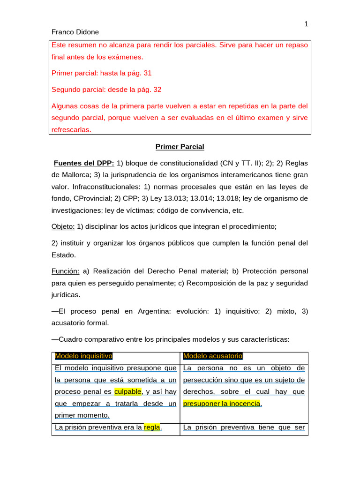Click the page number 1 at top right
pyautogui.click(x=306, y=24)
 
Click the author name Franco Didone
pyautogui.click(x=75, y=32)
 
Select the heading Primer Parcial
pyautogui.click(x=180, y=147)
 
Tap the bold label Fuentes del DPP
pyautogui.click(x=84, y=163)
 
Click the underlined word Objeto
pyautogui.click(x=63, y=226)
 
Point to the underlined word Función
pyautogui.click(x=65, y=271)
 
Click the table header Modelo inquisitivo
pyautogui.click(x=84, y=356)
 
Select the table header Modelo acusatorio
pyautogui.click(x=213, y=356)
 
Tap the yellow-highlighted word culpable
pyautogui.click(x=127, y=391)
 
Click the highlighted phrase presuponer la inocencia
pyautogui.click(x=221, y=403)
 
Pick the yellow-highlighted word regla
pyautogui.click(x=152, y=427)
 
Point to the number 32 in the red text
pyautogui.click(x=157, y=89)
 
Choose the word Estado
pyautogui.click(x=63, y=255)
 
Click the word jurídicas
pyautogui.click(x=66, y=295)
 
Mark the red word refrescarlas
pyautogui.click(x=71, y=129)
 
